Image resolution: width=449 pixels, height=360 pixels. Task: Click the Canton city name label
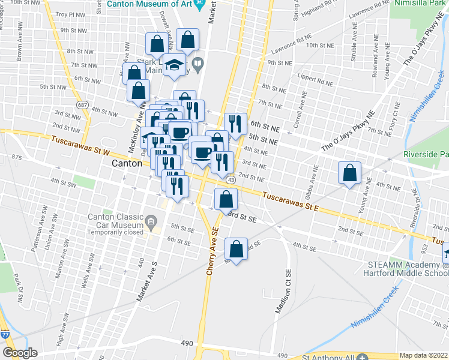127,163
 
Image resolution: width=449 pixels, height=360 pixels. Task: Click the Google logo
20,353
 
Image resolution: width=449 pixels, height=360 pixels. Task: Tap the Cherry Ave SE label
212,252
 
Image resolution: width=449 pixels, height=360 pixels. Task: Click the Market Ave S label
148,280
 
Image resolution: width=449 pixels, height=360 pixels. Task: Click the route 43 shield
231,179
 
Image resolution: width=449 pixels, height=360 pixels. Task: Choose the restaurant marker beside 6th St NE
235,124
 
